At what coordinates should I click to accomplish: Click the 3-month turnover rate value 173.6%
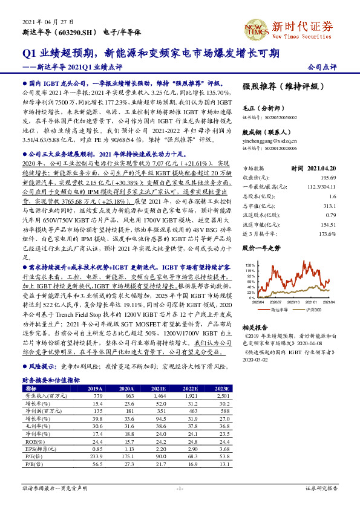pos(327,233)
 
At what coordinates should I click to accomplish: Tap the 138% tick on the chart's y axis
pos(250,265)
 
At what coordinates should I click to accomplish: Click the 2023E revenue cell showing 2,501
pos(223,397)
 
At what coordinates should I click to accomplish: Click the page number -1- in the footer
pos(180,488)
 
